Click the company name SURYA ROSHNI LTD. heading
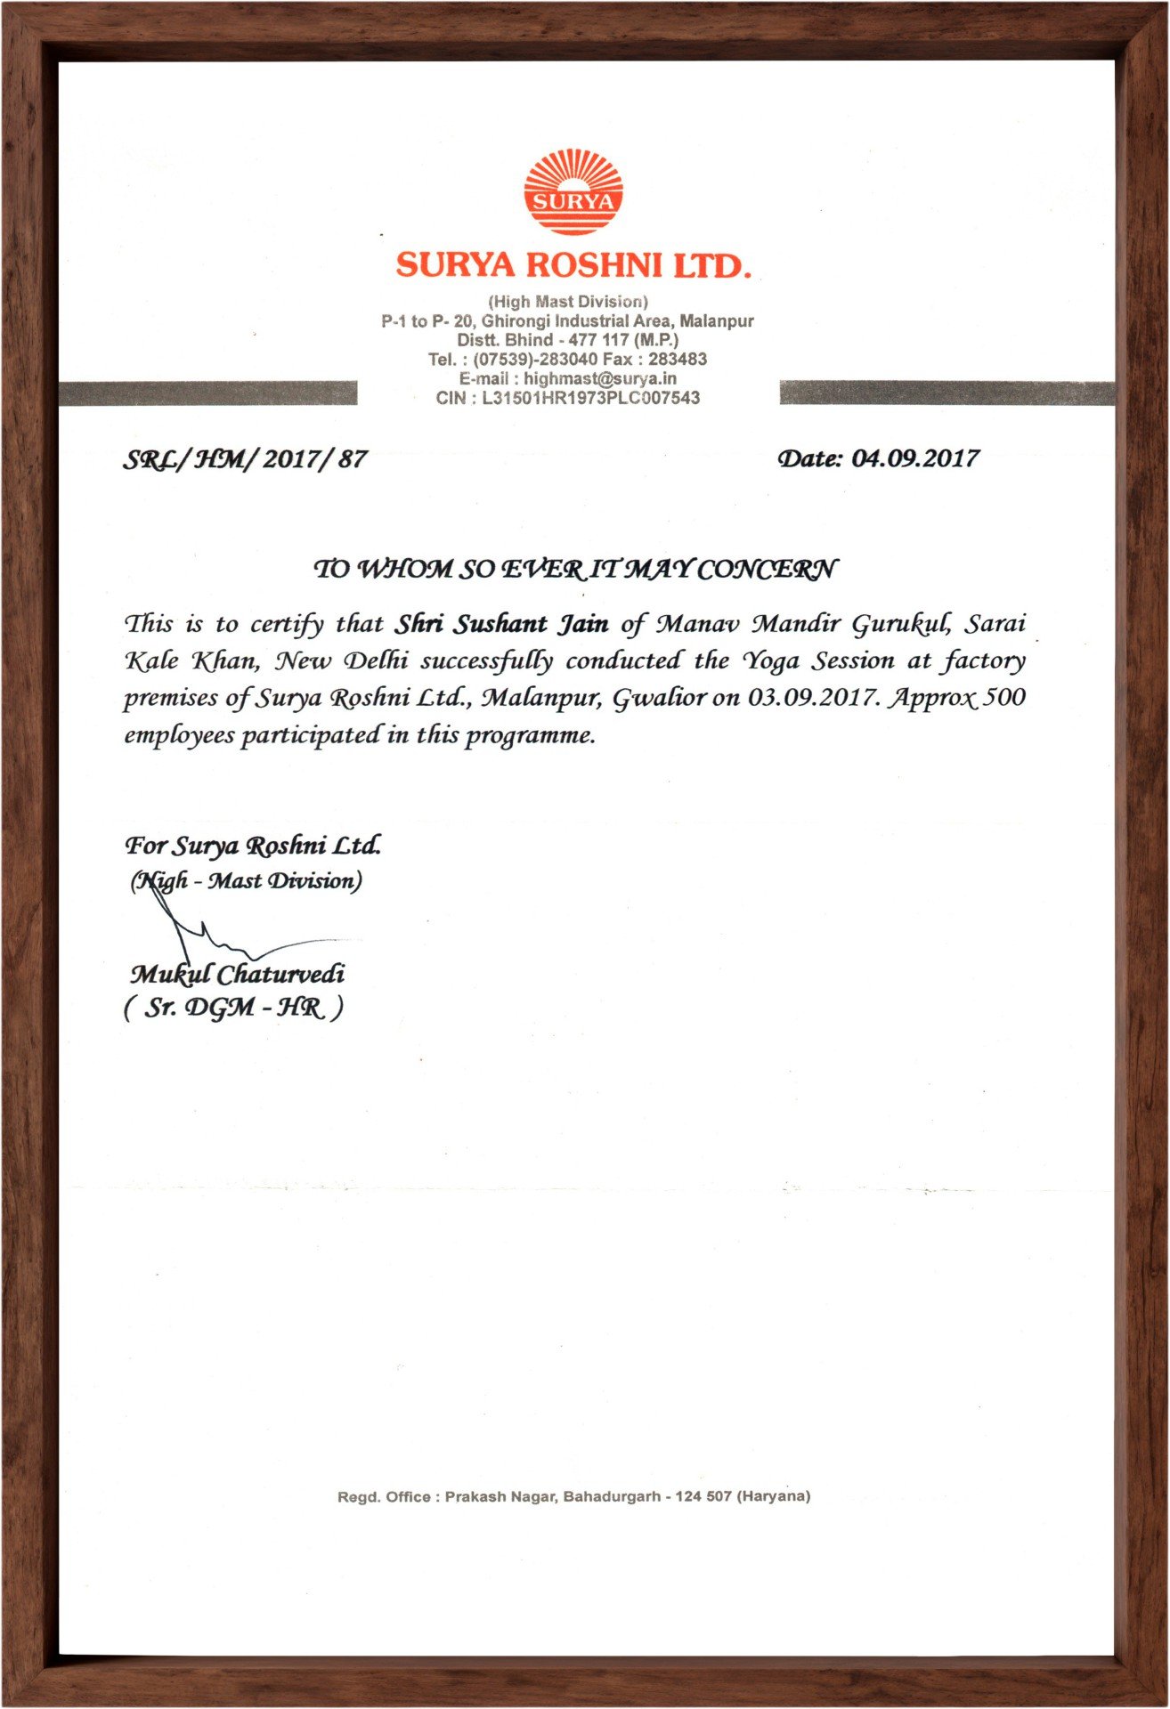[x=573, y=265]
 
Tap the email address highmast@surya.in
[x=599, y=378]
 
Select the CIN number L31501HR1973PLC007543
[x=590, y=398]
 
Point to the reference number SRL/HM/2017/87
[x=244, y=460]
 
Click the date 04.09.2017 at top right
[x=914, y=458]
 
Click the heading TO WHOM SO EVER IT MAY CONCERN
[x=575, y=568]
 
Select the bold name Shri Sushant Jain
[x=502, y=623]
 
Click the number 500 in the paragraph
[x=1005, y=697]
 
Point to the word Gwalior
[x=659, y=698]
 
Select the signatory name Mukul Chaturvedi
[x=237, y=974]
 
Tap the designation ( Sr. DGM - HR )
[x=233, y=1008]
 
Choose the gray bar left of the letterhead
[x=207, y=393]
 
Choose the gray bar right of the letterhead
[x=947, y=393]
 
